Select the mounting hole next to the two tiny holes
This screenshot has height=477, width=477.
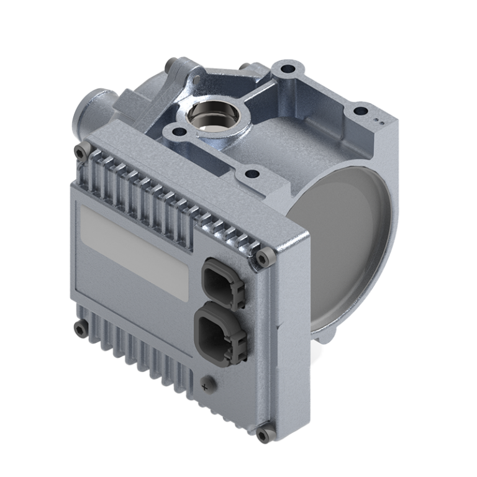point(360,112)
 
